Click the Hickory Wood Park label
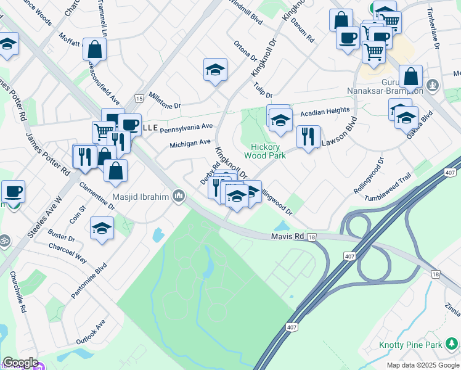click(x=269, y=152)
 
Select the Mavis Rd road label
click(x=288, y=236)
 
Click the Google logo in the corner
click(x=20, y=363)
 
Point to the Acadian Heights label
click(x=325, y=113)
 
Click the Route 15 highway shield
click(x=139, y=99)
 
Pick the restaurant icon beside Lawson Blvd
click(x=308, y=136)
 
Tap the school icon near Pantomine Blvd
click(x=102, y=228)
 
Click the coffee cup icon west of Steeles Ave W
click(x=13, y=192)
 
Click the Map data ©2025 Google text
click(x=423, y=365)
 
